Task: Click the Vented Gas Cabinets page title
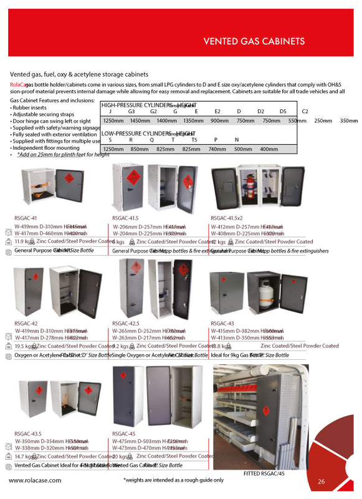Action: tap(254, 42)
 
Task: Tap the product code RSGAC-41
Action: tap(25, 218)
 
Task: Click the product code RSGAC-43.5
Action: tap(27, 433)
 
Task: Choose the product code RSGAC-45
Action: tap(123, 433)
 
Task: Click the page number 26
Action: tap(322, 481)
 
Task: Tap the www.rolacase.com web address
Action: tap(35, 480)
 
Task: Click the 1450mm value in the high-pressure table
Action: tap(140, 120)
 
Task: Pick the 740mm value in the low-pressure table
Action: tap(216, 149)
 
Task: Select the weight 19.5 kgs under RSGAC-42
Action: tap(23, 346)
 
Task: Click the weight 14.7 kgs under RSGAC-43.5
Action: tap(23, 457)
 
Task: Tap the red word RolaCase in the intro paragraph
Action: tap(17, 84)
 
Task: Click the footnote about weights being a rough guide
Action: tap(173, 480)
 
